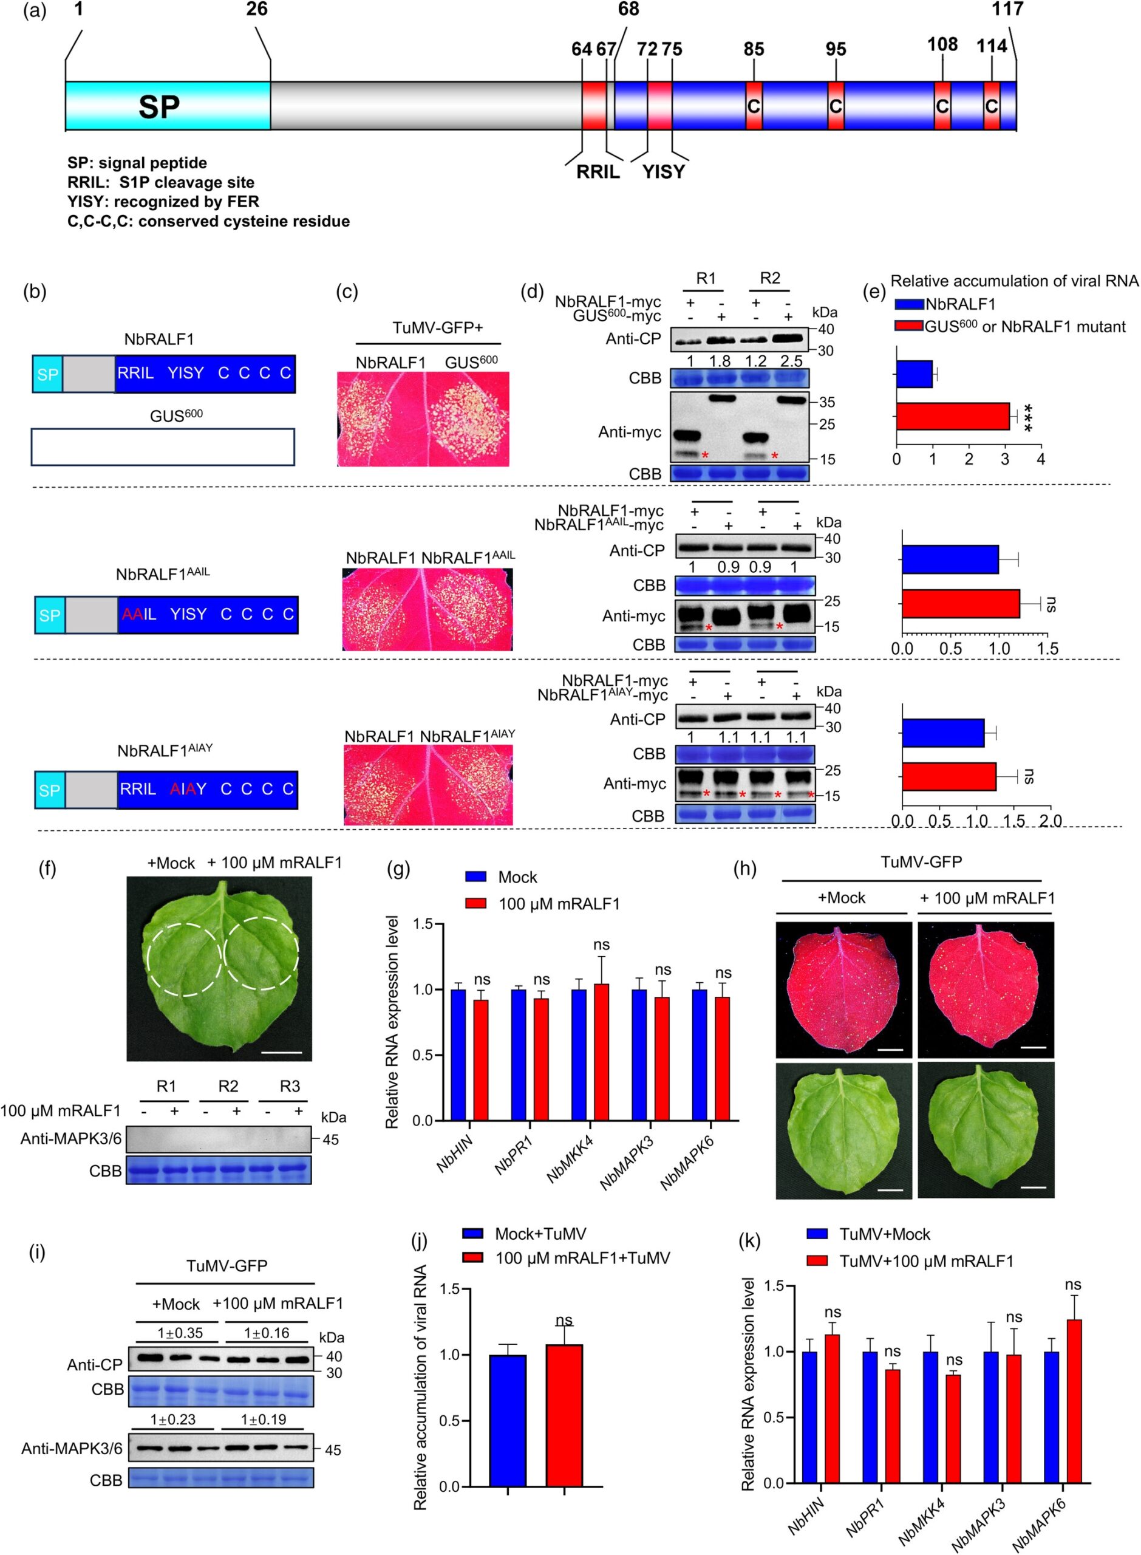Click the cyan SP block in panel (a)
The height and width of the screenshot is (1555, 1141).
click(168, 106)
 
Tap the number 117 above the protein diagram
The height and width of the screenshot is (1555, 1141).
click(1007, 10)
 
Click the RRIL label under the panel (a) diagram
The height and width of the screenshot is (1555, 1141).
click(598, 172)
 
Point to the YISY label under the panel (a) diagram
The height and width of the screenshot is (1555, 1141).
click(664, 172)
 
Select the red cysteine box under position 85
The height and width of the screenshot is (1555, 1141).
click(754, 106)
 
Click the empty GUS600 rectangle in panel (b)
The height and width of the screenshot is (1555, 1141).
click(163, 447)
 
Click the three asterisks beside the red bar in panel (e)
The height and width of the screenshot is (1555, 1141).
click(1029, 417)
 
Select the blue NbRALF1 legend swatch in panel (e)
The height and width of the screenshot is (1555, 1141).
click(910, 304)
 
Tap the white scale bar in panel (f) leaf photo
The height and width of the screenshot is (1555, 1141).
click(282, 1053)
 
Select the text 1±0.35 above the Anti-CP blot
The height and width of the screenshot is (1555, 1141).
click(180, 1333)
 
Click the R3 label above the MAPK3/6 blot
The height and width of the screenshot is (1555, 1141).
click(290, 1086)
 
